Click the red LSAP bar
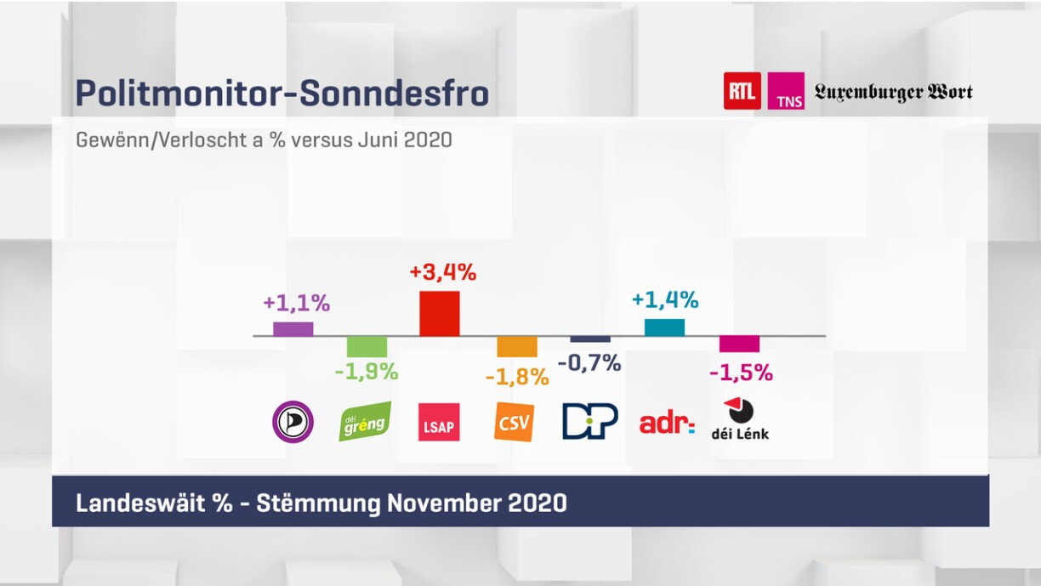(x=440, y=313)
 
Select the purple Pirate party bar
(x=293, y=328)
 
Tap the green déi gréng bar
(x=367, y=346)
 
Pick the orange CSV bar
(x=517, y=346)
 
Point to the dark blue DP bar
(x=590, y=339)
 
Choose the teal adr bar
(x=664, y=327)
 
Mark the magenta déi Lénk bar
(x=739, y=344)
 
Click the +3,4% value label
(x=442, y=273)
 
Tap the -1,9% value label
(x=366, y=372)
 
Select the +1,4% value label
(x=665, y=299)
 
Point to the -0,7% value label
(x=590, y=363)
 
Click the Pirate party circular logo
(x=293, y=421)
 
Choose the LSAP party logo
(x=440, y=422)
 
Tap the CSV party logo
(x=515, y=421)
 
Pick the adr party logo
(x=667, y=422)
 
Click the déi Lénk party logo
(x=740, y=419)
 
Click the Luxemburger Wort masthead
(x=893, y=92)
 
